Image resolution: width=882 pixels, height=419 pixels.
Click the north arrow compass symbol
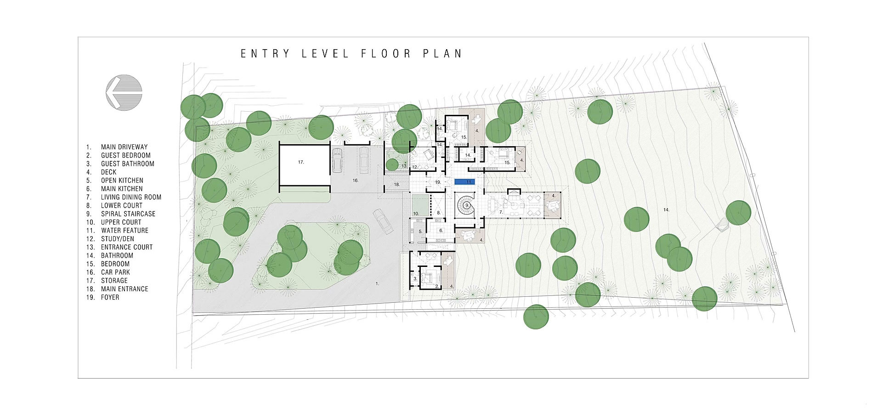pos(124,92)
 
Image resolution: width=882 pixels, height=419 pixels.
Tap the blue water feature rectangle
pos(464,182)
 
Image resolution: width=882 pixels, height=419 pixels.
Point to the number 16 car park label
pos(355,181)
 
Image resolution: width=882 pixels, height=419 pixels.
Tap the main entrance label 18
pos(397,184)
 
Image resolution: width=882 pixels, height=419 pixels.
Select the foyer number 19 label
pos(438,182)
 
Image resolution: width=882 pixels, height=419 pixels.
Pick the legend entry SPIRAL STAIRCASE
pos(128,214)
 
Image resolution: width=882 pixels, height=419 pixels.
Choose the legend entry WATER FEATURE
pos(124,230)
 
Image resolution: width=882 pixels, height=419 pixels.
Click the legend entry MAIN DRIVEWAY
pos(124,147)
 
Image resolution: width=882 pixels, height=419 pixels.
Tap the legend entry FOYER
pos(110,297)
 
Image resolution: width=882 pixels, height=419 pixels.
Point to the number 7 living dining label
pos(501,212)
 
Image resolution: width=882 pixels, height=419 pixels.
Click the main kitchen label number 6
pos(441,230)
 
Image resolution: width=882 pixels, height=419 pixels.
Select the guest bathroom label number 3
pos(415,278)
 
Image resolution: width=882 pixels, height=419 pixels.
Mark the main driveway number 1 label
pos(378,284)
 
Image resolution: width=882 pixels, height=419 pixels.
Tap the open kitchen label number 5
pos(420,232)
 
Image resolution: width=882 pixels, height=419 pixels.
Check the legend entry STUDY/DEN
pos(118,239)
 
